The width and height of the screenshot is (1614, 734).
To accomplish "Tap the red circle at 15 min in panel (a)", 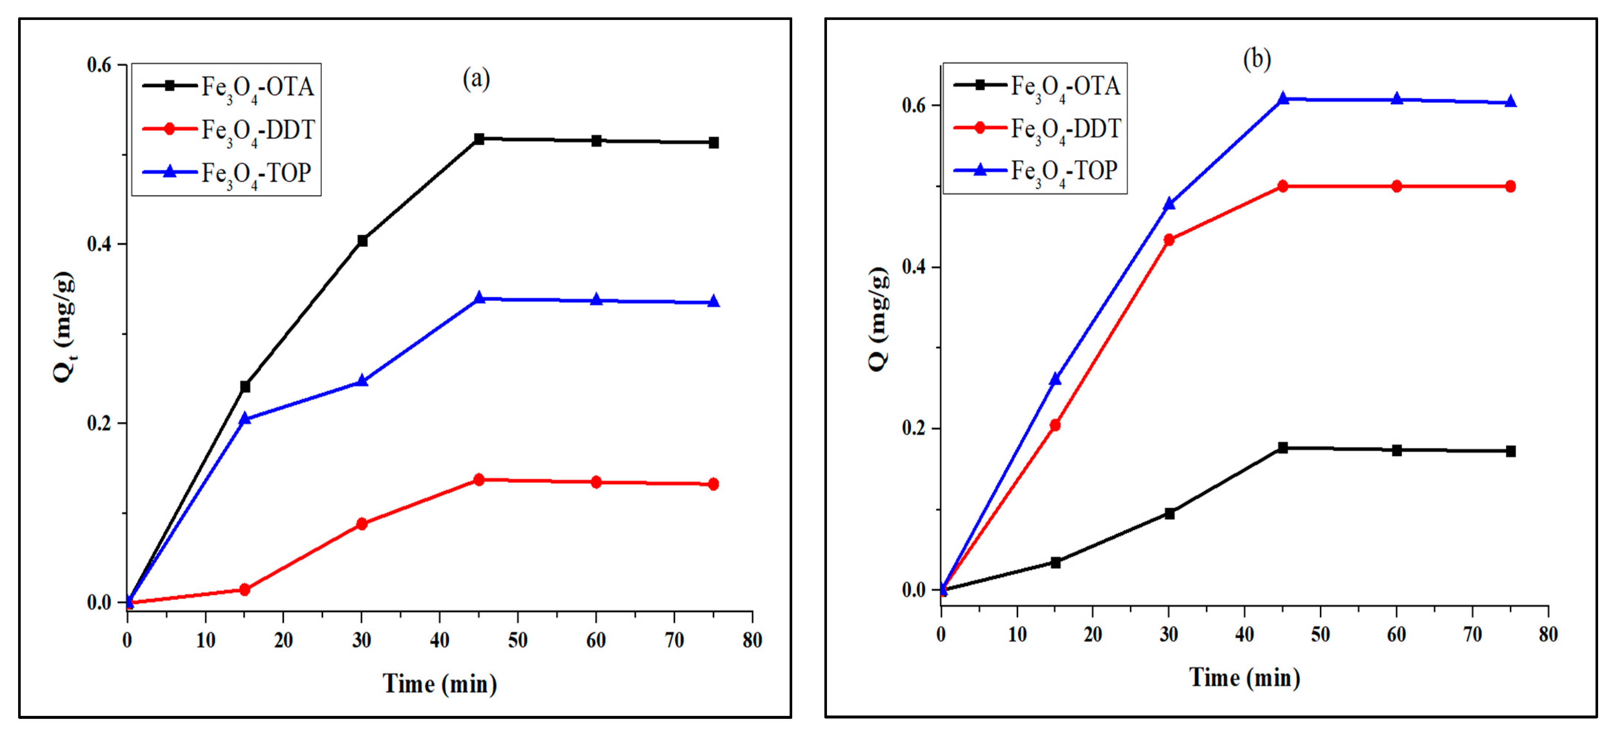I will point(245,589).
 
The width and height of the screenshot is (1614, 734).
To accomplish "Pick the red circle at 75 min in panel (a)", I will point(713,484).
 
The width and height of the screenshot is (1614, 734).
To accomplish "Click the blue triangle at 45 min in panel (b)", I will point(1282,98).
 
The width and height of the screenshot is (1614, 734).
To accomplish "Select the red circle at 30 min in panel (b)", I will point(1169,240).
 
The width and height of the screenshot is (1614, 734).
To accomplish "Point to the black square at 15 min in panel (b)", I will point(1055,563).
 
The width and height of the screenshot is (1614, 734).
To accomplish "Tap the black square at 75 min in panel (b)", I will point(1510,451).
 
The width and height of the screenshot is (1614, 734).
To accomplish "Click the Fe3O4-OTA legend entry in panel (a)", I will point(229,86).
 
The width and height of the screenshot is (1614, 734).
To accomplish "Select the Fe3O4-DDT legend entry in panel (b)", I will point(1037,128).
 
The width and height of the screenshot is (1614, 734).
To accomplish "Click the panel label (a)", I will point(476,79).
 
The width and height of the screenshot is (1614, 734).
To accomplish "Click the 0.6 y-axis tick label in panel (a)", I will point(99,65).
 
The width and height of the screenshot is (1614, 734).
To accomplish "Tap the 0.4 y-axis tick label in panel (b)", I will point(913,267).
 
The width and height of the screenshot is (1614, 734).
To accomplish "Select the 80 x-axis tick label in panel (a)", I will point(752,640).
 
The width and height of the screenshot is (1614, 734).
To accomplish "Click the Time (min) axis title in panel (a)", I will point(440,684).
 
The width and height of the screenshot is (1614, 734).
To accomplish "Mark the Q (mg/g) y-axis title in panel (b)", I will point(878,319).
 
